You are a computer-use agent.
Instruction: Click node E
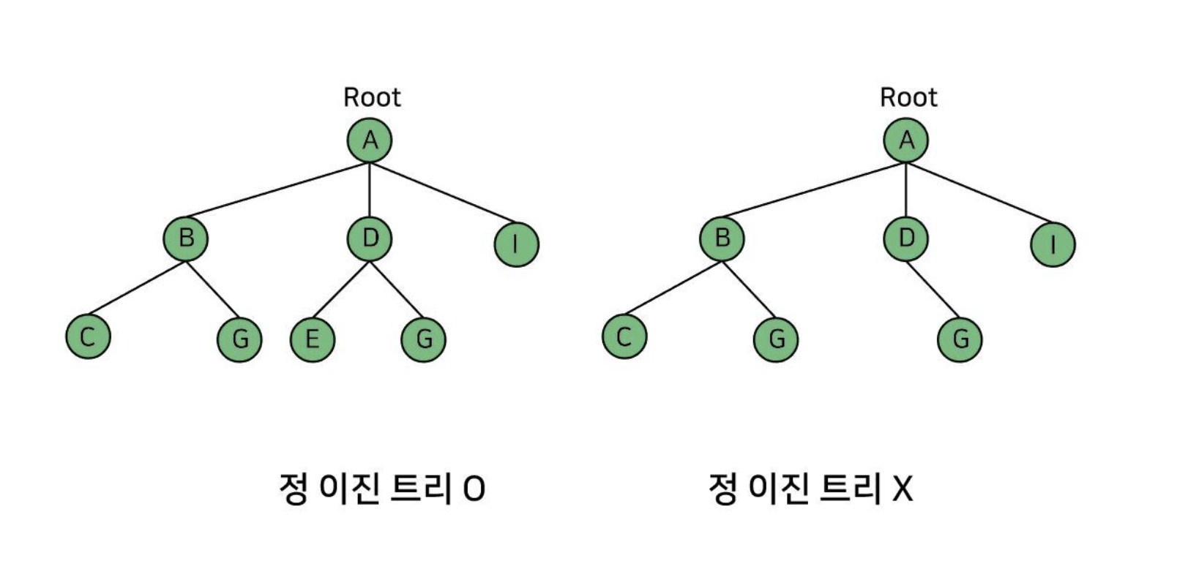click(313, 339)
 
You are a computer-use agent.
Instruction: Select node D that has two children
click(370, 238)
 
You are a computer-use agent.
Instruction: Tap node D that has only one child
click(906, 238)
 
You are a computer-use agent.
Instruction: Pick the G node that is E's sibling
click(424, 339)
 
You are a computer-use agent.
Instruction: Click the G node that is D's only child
click(960, 339)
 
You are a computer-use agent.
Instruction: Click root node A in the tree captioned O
click(370, 140)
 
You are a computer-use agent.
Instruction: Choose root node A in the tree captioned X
click(906, 140)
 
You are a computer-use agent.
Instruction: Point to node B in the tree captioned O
click(186, 238)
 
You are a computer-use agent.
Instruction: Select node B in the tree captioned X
click(722, 238)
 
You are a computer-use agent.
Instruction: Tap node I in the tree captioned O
click(516, 244)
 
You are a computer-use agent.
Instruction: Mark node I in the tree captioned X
click(1053, 244)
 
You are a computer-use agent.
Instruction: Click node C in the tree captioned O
click(88, 336)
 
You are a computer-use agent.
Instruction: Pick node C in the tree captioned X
click(624, 336)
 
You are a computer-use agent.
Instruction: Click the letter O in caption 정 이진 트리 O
click(474, 489)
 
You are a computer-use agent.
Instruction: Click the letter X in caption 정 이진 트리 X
click(903, 489)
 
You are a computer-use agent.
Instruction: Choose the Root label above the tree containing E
click(372, 97)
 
